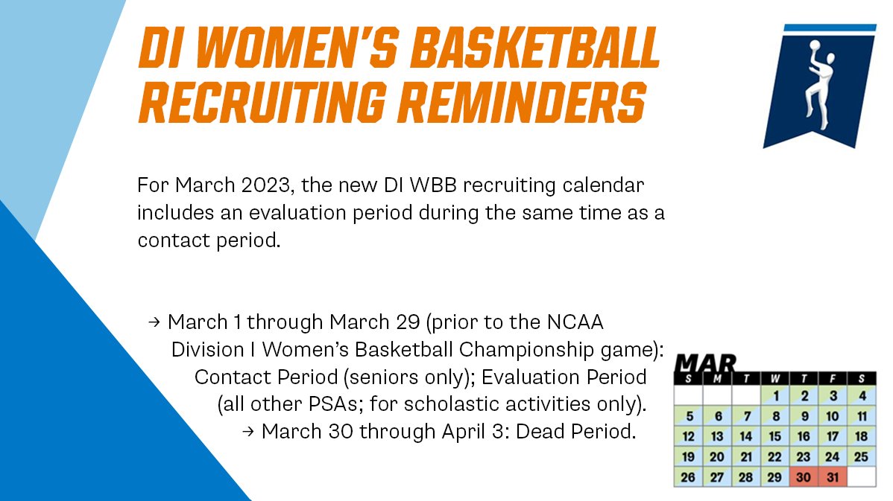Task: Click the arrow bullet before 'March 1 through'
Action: (154, 322)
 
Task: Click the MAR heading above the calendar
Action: (705, 364)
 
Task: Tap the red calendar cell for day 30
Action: (804, 477)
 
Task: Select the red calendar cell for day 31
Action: (833, 477)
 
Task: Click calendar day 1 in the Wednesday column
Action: (775, 396)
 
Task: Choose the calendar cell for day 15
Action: (775, 437)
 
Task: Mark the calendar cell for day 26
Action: (689, 477)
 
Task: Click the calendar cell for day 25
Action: (862, 457)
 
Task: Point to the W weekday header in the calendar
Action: (775, 379)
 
